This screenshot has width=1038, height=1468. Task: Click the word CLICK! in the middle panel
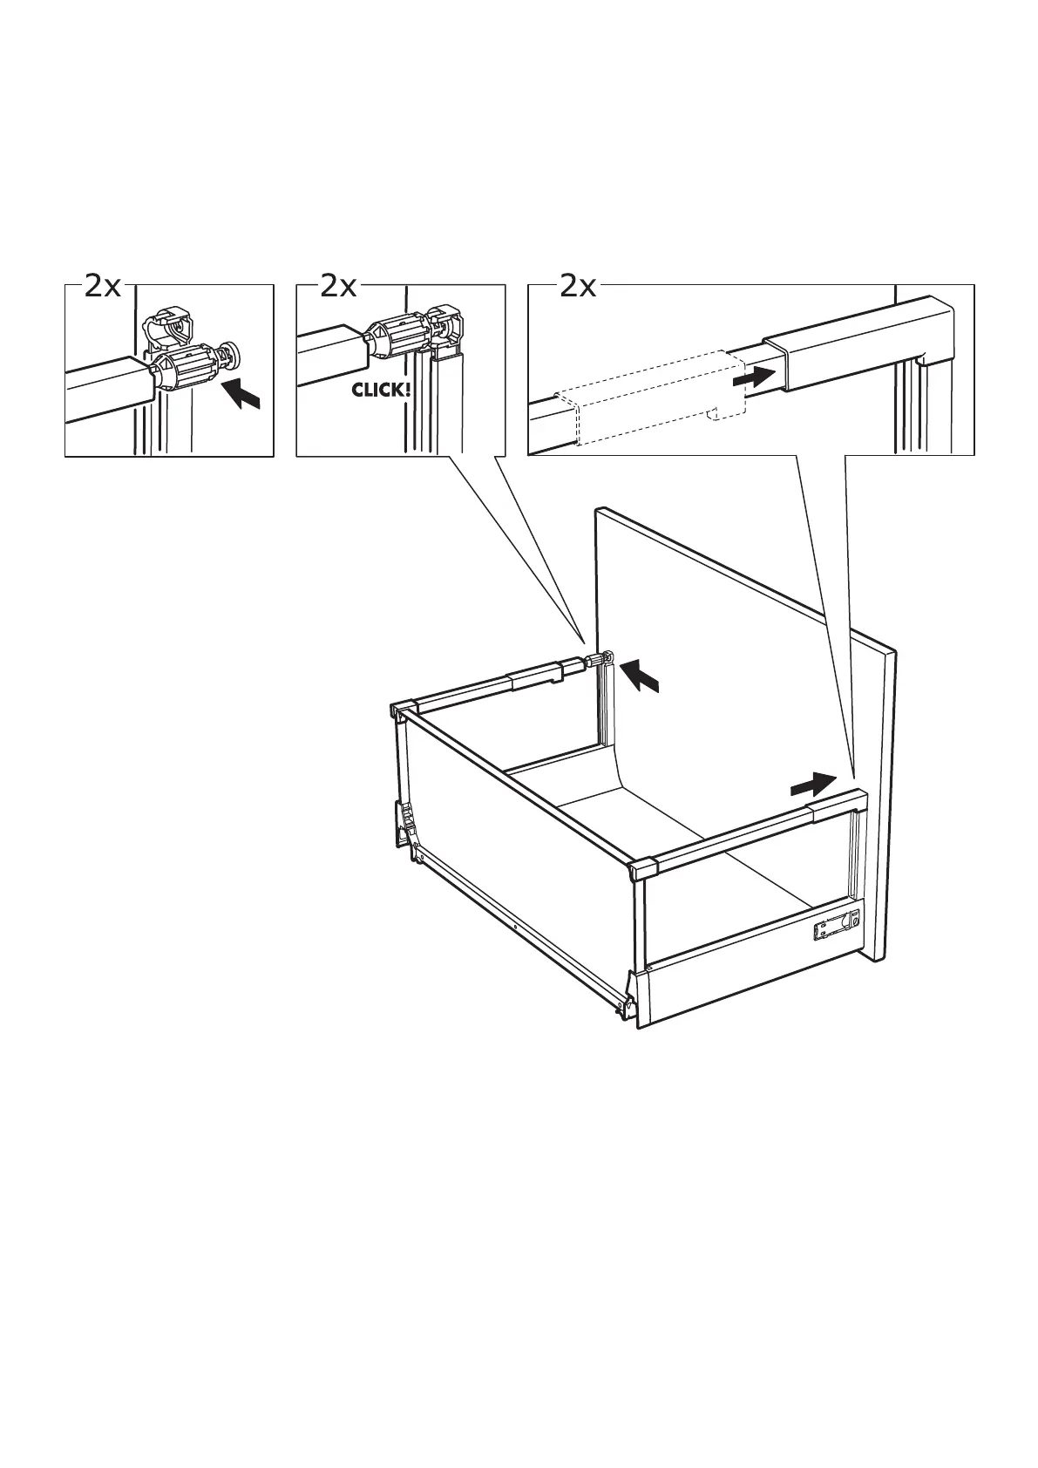click(x=380, y=389)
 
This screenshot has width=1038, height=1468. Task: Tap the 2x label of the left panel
click(x=103, y=286)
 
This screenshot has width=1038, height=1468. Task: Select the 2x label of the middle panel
click(x=339, y=286)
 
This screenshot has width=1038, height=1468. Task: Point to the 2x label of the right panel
click(x=579, y=286)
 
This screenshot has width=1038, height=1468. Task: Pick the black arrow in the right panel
click(x=754, y=378)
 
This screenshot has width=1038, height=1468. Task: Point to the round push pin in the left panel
click(x=233, y=354)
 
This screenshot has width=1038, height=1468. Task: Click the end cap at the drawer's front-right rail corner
click(x=643, y=870)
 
